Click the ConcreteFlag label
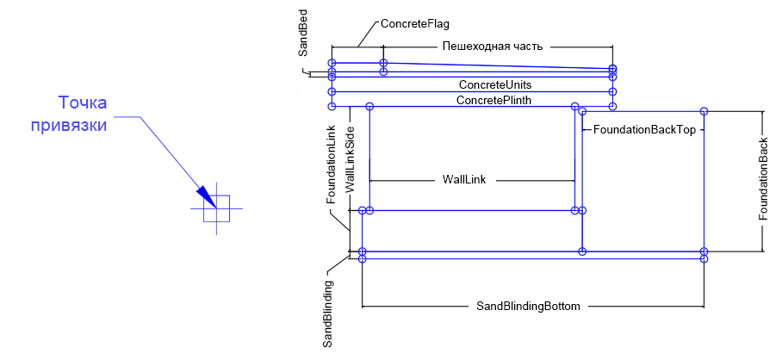pyautogui.click(x=414, y=24)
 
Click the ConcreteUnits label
pyautogui.click(x=494, y=85)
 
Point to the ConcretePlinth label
pyautogui.click(x=493, y=101)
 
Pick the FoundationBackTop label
pyautogui.click(x=644, y=129)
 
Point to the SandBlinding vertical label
pyautogui.click(x=328, y=313)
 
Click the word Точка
pyautogui.click(x=82, y=104)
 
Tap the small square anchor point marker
pyautogui.click(x=216, y=208)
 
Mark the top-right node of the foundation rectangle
pyautogui.click(x=704, y=111)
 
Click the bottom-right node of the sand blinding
pyautogui.click(x=704, y=258)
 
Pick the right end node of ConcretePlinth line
pyautogui.click(x=612, y=106)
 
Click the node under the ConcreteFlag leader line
pyautogui.click(x=383, y=63)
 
